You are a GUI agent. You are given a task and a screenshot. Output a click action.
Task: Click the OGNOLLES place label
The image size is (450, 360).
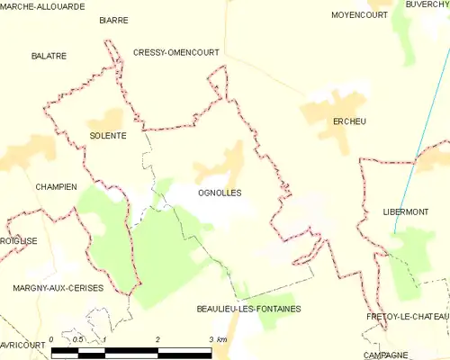[x=220, y=193]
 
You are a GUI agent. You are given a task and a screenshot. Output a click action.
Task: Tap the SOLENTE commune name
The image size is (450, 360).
[x=107, y=136]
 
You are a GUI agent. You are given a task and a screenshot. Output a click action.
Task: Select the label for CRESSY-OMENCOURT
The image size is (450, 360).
[x=175, y=53]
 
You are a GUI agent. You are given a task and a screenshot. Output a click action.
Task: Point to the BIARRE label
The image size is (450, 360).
[x=113, y=19]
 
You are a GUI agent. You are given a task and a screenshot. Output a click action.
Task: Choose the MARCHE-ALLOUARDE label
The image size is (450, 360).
[x=42, y=5]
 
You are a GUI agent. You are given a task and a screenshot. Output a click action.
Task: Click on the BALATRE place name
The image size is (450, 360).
[x=49, y=56]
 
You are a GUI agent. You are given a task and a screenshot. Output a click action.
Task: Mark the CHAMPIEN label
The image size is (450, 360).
[x=56, y=186]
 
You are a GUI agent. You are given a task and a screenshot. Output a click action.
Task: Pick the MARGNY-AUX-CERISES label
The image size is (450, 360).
[x=58, y=287]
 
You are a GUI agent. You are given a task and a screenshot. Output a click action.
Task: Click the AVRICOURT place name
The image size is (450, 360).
[x=22, y=345]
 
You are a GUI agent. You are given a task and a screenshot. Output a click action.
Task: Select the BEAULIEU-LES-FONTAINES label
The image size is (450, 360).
[x=248, y=309]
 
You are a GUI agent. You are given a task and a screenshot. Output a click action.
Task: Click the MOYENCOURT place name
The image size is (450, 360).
[x=359, y=15]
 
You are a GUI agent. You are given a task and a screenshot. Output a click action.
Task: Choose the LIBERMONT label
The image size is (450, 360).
[x=403, y=211]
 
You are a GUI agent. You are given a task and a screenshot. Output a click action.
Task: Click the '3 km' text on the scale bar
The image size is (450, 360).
[x=219, y=339]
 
